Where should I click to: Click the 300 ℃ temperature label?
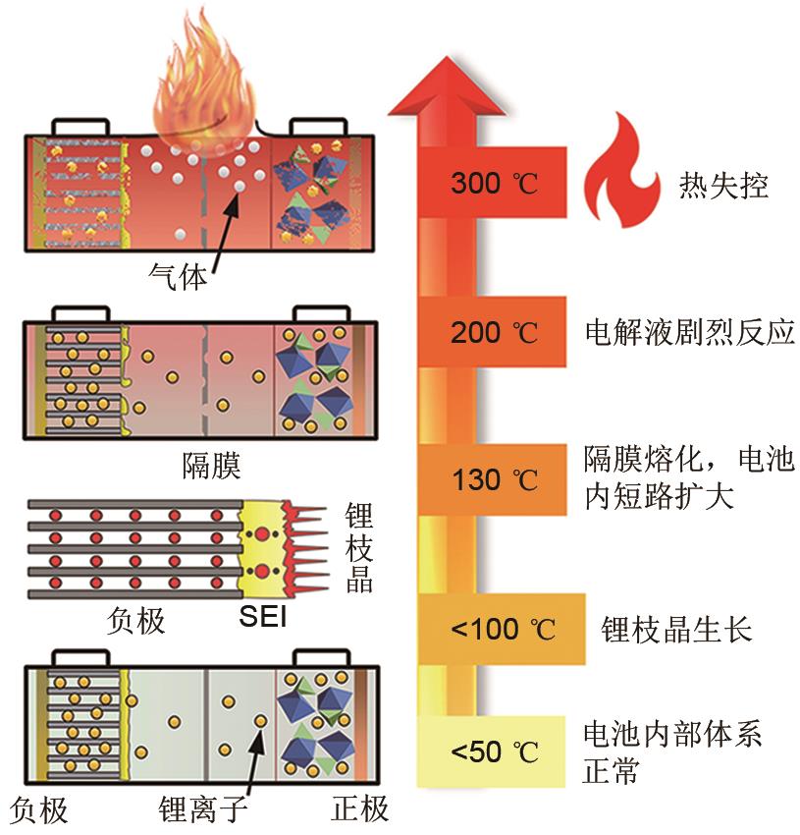[x=495, y=184]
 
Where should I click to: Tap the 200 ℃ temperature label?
[x=495, y=332]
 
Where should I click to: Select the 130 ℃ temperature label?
[x=495, y=480]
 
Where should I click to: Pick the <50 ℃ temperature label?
[x=495, y=752]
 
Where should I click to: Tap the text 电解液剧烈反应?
[x=686, y=332]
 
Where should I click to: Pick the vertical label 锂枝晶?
[x=359, y=547]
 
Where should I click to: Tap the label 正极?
[x=359, y=808]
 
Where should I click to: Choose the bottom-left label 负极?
[x=40, y=808]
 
